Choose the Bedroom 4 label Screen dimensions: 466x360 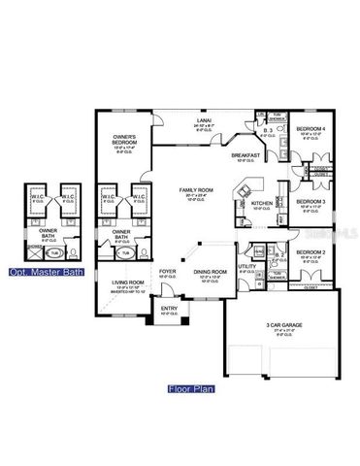[310, 128]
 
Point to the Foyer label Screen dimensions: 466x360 [167, 272]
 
